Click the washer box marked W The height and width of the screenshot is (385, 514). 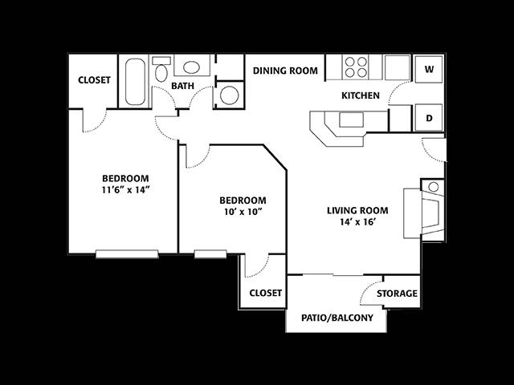click(429, 69)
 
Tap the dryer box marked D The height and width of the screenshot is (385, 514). click(429, 118)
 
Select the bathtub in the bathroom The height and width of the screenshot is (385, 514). click(135, 82)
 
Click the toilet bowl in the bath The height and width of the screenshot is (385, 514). click(161, 73)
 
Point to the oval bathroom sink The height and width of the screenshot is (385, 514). click(191, 67)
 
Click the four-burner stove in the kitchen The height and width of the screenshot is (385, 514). click(356, 67)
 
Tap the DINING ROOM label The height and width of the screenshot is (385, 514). click(285, 71)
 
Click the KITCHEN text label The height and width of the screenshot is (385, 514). click(361, 95)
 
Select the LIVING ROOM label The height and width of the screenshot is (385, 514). click(357, 210)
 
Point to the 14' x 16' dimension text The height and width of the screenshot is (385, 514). click(357, 222)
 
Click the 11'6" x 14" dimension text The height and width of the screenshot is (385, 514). click(126, 190)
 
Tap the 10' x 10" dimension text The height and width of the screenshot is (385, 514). click(243, 212)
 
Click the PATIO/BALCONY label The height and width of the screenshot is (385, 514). click(337, 318)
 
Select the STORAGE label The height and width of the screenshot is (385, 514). click(397, 294)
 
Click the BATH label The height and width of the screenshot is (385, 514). click(182, 86)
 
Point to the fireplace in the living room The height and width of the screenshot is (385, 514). click(424, 213)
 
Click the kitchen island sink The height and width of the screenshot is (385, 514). click(351, 120)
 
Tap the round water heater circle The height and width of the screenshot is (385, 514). click(229, 95)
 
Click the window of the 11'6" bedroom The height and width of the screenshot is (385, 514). click(127, 254)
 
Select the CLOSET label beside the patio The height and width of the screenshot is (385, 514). click(266, 293)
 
